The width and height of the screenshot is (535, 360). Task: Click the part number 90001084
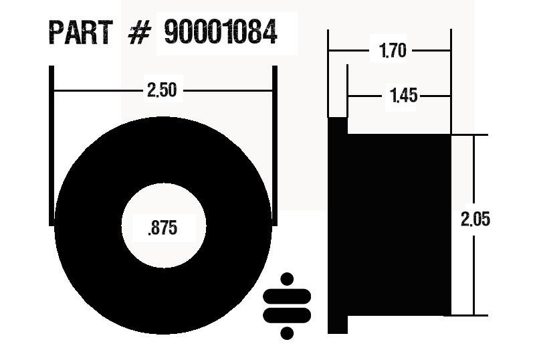tap(220, 32)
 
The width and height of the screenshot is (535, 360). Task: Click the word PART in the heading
tap(81, 32)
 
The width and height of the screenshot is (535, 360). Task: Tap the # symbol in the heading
tap(138, 33)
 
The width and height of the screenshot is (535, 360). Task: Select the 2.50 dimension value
tap(162, 90)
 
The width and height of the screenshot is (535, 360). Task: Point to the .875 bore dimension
tap(162, 228)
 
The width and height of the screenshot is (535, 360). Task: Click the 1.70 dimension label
tap(393, 51)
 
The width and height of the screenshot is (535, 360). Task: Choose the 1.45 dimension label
tap(403, 96)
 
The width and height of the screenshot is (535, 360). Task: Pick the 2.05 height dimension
tap(475, 219)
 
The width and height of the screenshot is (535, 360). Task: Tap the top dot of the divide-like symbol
tap(288, 278)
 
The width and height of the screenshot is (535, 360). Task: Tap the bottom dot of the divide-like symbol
tap(288, 332)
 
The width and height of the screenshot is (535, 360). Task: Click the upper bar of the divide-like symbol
tap(288, 296)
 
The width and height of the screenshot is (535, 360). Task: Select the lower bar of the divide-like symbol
tap(288, 314)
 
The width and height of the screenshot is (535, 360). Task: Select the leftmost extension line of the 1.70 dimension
tap(328, 74)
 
